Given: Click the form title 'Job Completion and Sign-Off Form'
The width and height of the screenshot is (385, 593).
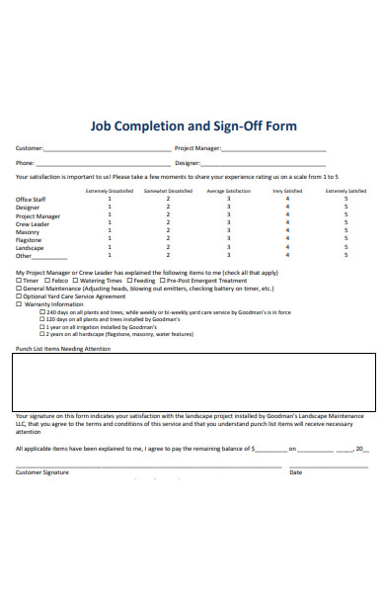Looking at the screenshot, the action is (192, 127).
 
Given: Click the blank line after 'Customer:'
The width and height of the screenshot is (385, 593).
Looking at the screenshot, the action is (99, 150).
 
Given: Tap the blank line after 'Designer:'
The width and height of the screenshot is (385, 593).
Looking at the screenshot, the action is (263, 164).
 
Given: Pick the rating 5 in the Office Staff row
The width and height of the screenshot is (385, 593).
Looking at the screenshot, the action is (346, 199).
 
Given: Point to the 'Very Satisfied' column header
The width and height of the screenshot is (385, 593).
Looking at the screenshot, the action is (287, 190).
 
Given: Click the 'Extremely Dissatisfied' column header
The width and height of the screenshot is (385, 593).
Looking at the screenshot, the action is (110, 190).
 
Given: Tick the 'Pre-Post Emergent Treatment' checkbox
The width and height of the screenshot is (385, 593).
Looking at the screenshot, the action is (162, 280).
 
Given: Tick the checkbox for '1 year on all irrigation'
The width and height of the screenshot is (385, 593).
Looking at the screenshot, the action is (42, 327).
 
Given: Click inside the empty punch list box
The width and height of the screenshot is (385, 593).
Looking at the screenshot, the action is (192, 382).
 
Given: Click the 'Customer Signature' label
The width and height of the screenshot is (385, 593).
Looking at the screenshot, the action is (41, 472).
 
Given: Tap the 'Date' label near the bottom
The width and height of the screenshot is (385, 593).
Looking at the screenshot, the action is (295, 472).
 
